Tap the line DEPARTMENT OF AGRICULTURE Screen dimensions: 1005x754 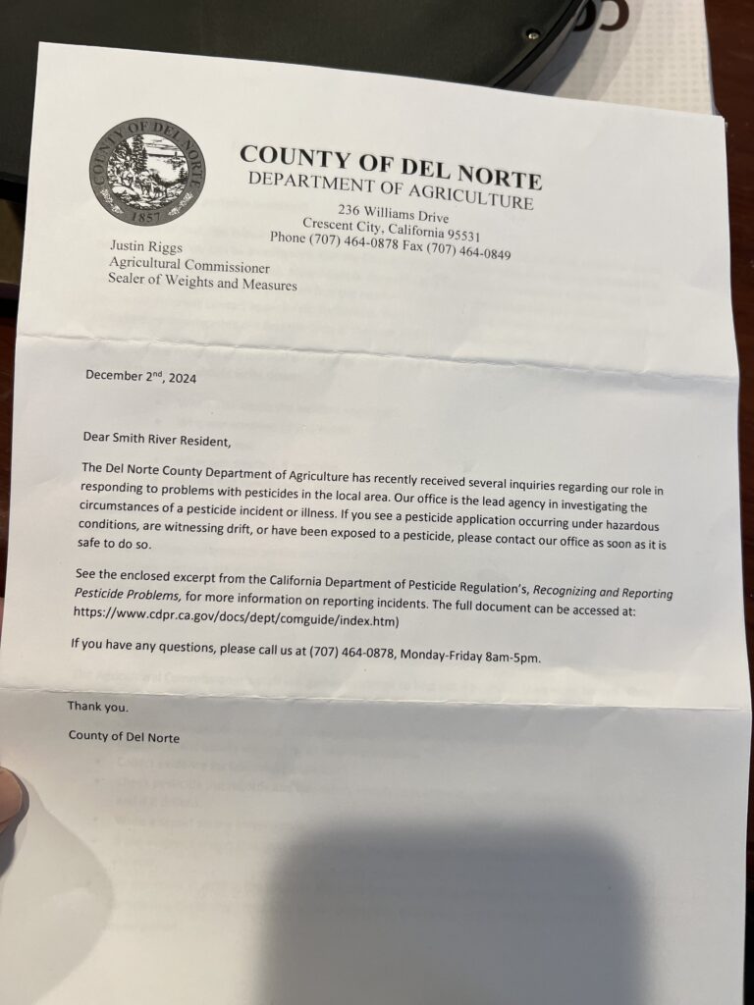390,190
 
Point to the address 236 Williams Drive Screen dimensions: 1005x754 394,214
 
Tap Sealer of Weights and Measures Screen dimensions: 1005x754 201,285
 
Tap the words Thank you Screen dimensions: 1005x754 97,706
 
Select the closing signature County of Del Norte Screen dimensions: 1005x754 124,736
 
